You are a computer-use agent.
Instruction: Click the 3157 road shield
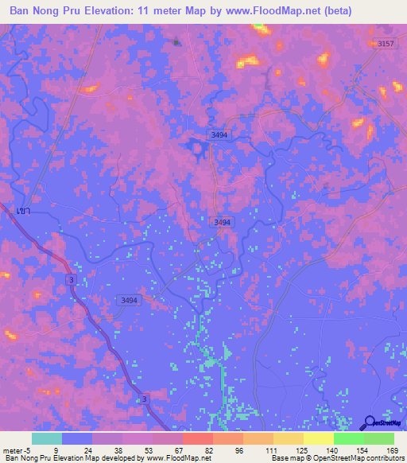click(386, 44)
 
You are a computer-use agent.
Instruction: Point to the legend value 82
click(208, 449)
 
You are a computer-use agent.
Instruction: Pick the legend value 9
click(55, 449)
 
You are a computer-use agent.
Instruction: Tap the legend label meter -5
click(16, 449)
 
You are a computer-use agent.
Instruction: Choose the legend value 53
click(147, 449)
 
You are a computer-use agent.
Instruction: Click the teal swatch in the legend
click(47, 438)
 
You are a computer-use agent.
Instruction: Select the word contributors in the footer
click(385, 458)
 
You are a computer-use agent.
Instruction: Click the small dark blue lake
click(195, 146)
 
